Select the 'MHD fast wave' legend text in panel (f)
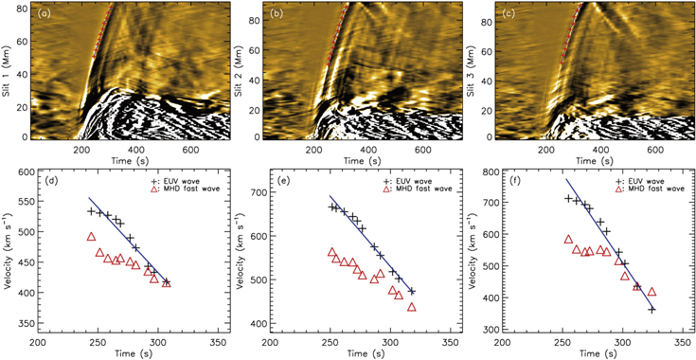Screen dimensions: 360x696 tap(651, 189)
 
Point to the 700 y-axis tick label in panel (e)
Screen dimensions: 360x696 tap(258, 192)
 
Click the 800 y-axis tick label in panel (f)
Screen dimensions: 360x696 tap(489, 171)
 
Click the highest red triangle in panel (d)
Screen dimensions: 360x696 tap(92, 237)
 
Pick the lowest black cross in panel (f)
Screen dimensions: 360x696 tap(651, 309)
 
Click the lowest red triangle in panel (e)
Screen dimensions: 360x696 tap(412, 307)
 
